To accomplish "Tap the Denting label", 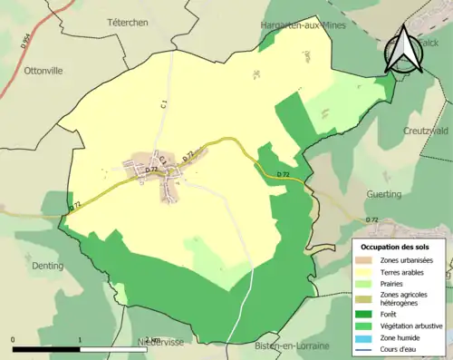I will (x=45, y=266).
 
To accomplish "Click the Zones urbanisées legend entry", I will (x=406, y=260).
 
